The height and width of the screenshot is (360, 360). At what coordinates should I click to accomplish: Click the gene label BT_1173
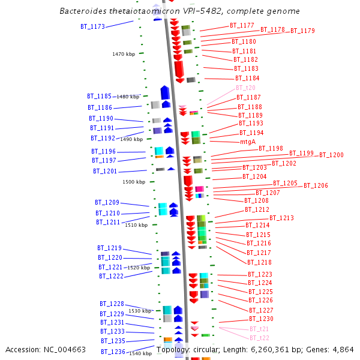point(92,26)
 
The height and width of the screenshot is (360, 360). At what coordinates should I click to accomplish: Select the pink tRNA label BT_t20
point(245,88)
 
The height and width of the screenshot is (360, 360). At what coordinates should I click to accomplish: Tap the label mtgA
point(248,142)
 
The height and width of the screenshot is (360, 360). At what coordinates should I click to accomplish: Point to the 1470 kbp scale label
point(124,54)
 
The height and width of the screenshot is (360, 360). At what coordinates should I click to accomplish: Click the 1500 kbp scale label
point(134,182)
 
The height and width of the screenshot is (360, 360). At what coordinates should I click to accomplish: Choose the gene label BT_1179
point(302,31)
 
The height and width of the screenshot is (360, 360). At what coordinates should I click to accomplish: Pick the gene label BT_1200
point(331,155)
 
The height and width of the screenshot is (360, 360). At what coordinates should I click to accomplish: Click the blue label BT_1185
point(99,96)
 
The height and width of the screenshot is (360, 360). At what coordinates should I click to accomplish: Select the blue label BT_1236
point(113,352)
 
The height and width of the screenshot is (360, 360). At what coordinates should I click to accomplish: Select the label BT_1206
point(316,186)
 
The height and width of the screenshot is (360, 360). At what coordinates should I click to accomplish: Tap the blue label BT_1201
point(105,171)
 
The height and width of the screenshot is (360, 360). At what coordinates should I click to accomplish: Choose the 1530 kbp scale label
point(140,311)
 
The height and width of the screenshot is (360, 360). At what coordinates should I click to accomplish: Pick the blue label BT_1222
point(111,276)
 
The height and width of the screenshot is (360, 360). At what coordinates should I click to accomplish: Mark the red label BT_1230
point(261,319)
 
